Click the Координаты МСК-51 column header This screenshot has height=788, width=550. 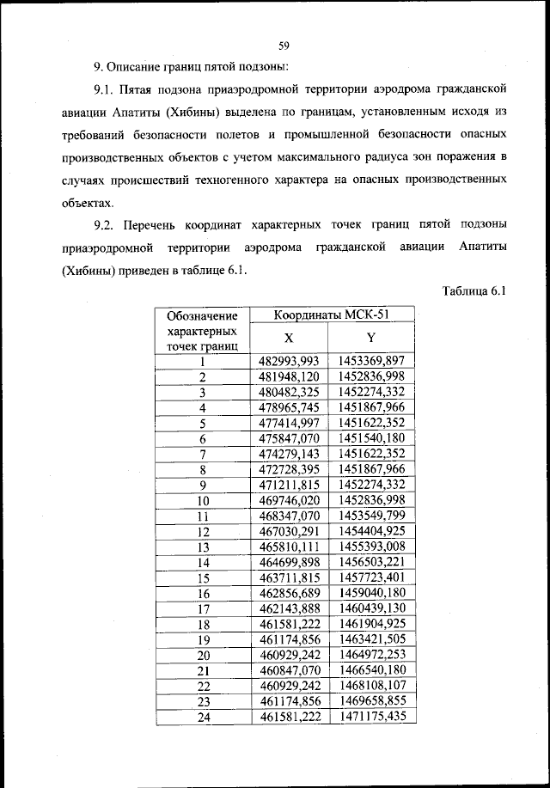tap(332, 315)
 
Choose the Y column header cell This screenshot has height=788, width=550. tap(371, 339)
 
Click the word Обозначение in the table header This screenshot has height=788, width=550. tap(202, 316)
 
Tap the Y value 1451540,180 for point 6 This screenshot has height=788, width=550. tap(371, 437)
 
